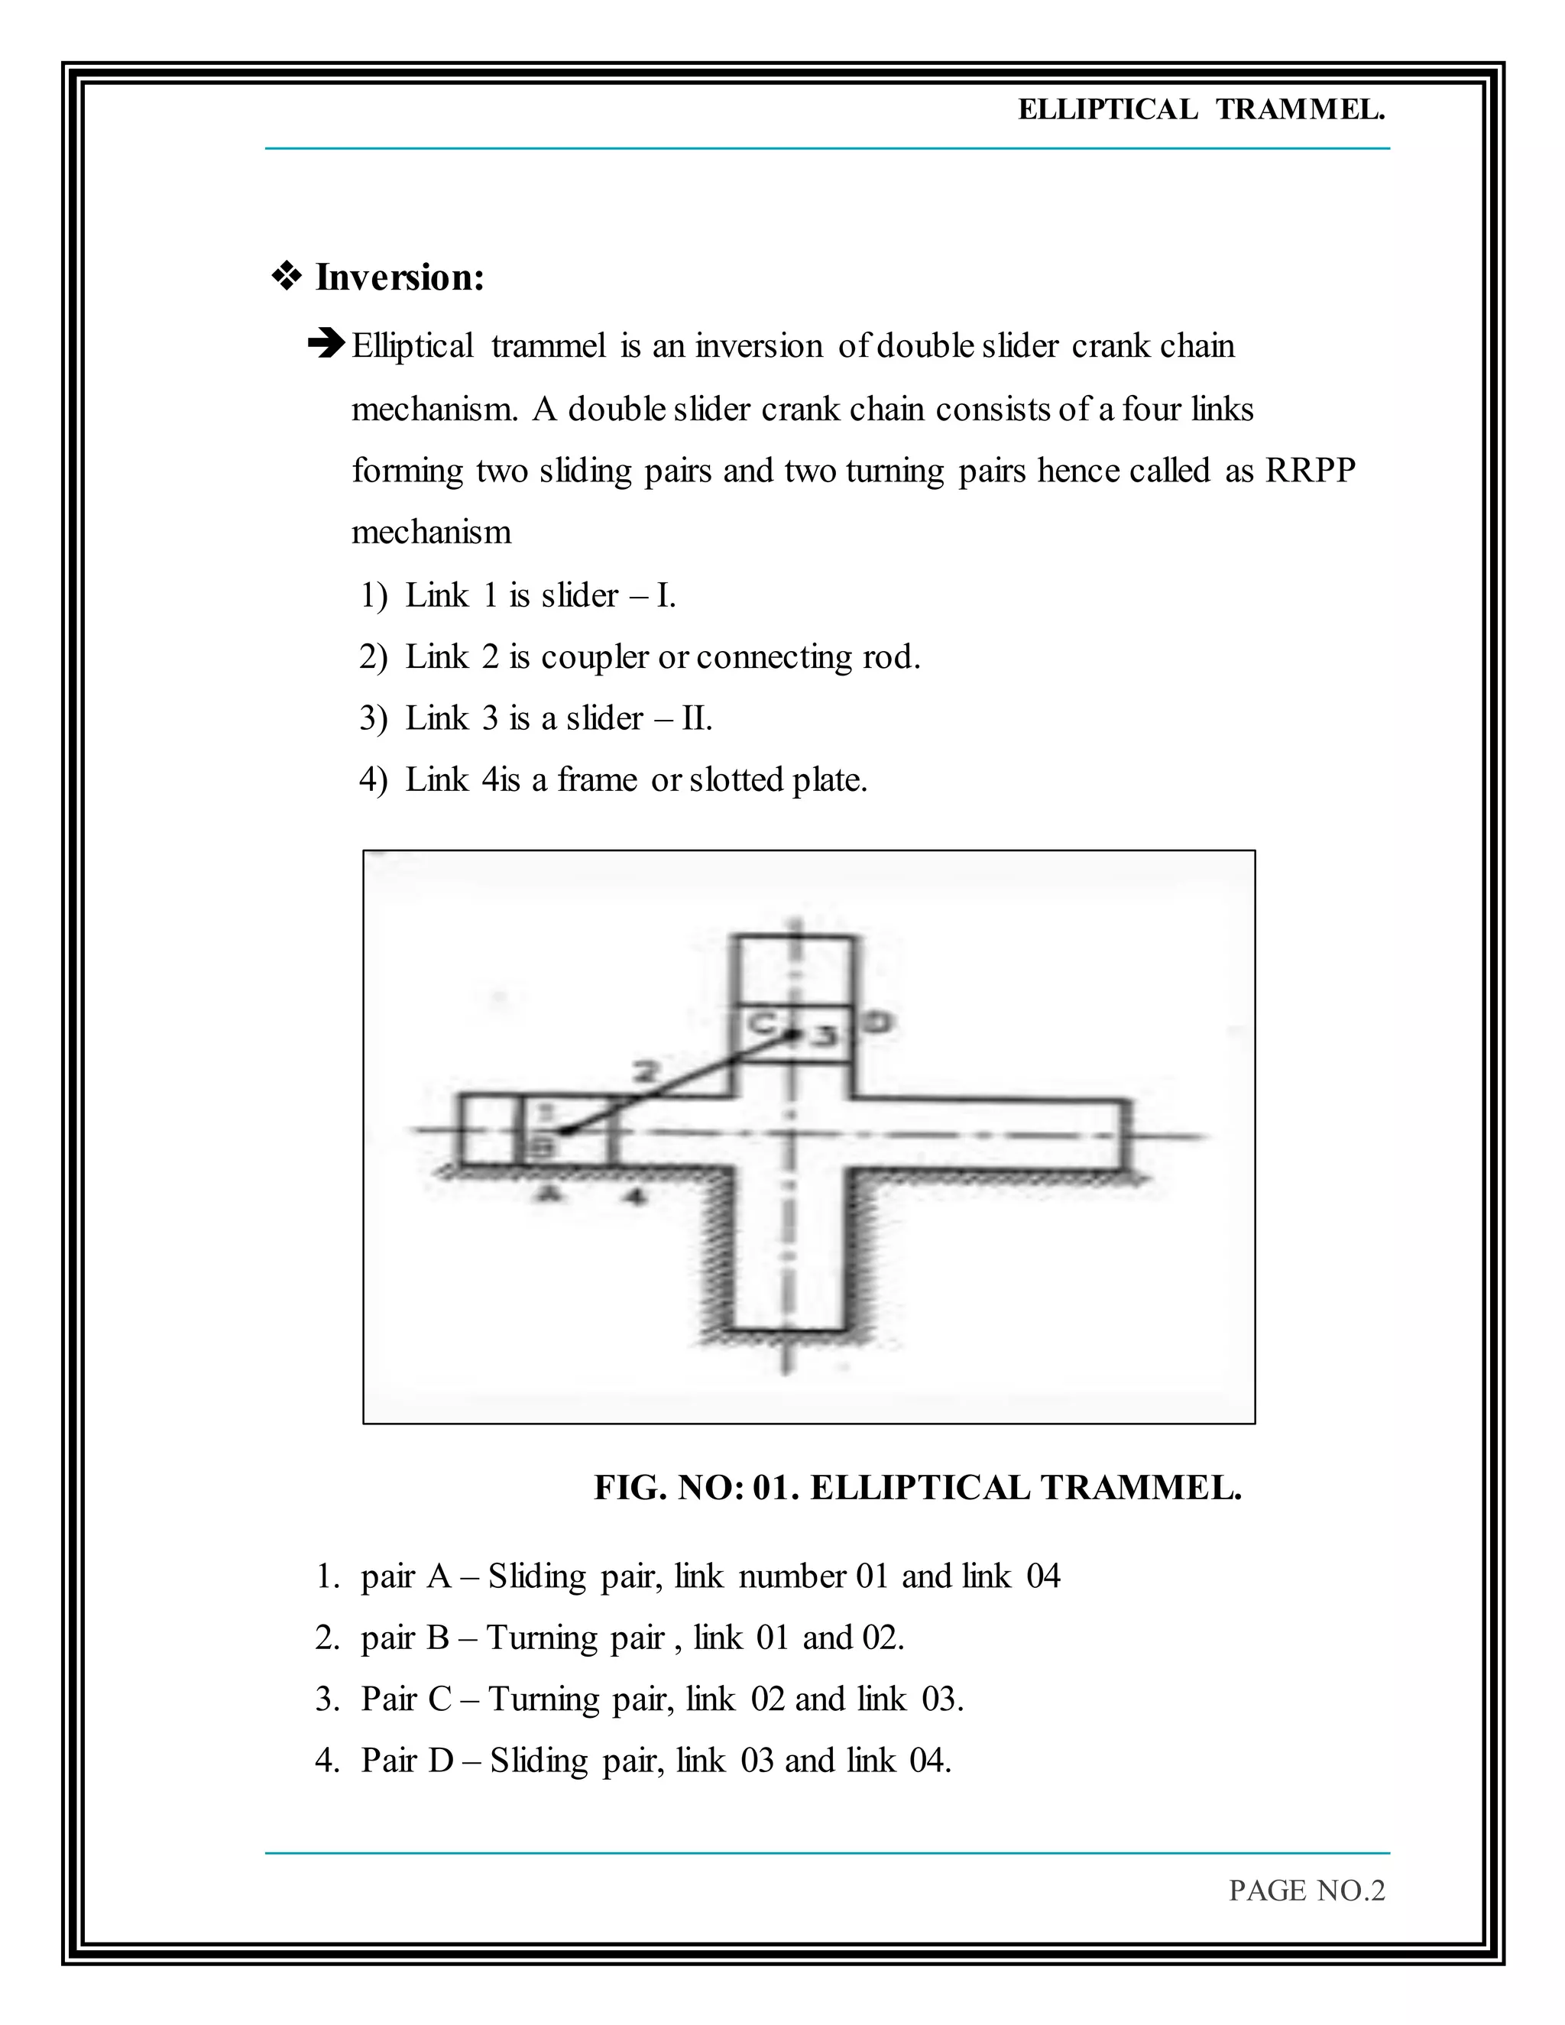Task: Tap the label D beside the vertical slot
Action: tap(877, 1022)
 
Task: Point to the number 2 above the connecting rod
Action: tap(646, 1072)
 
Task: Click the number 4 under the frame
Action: tap(634, 1196)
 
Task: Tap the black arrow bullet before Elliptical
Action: tap(326, 345)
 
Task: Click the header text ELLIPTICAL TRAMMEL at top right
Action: tap(1200, 109)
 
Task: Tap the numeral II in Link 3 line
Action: tap(696, 718)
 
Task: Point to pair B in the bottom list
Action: tap(405, 1638)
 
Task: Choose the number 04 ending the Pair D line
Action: tap(928, 1761)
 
